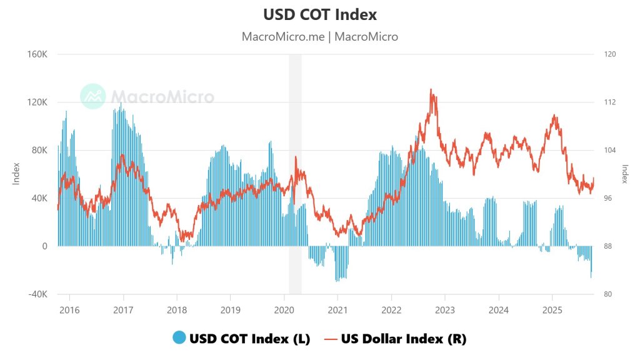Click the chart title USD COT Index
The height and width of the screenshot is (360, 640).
(320, 14)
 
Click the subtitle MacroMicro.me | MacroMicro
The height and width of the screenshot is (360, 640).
(320, 36)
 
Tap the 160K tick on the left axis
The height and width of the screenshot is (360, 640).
(37, 54)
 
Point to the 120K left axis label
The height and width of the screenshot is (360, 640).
(37, 102)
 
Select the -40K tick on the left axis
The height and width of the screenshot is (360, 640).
(37, 294)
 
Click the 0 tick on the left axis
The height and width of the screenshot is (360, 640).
(44, 246)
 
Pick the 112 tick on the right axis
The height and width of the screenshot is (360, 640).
(610, 102)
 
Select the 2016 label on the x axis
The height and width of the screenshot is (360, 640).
(69, 310)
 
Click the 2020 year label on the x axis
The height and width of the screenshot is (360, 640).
(284, 310)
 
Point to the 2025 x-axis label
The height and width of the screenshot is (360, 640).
(552, 310)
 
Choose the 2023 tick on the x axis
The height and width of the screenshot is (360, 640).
(444, 310)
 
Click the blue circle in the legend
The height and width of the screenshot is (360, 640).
(179, 338)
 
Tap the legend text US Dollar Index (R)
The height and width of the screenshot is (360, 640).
(404, 338)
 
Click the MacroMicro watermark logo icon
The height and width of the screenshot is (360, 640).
(93, 96)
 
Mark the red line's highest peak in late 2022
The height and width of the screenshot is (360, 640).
(431, 89)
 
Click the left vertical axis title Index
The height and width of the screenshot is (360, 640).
(17, 173)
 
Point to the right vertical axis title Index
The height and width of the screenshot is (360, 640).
(624, 173)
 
